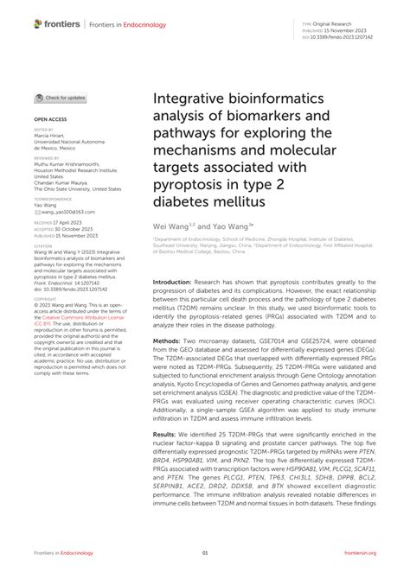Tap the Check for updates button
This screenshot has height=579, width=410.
pyautogui.click(x=61, y=98)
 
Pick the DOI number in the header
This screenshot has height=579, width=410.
pyautogui.click(x=349, y=37)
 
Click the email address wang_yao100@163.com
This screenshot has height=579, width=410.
pyautogui.click(x=59, y=211)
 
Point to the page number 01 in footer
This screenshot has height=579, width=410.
pyautogui.click(x=205, y=553)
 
